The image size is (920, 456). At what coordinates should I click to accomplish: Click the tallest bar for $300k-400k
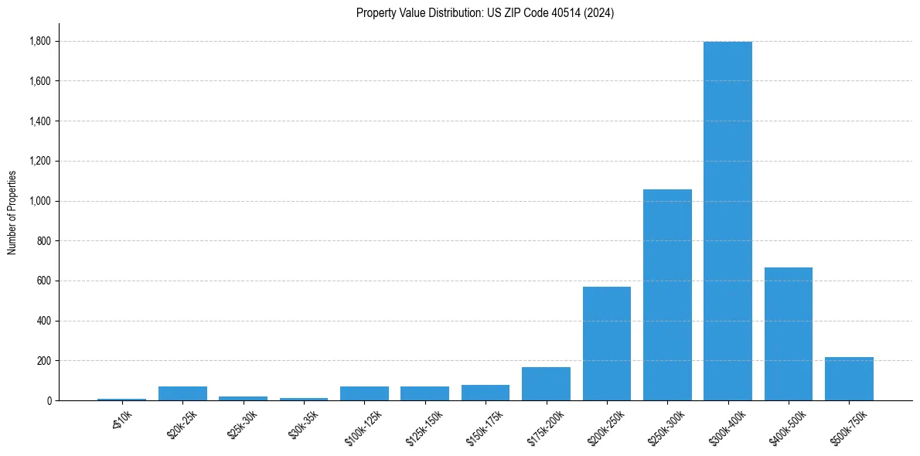click(727, 221)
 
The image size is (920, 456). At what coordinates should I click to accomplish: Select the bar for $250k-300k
click(667, 294)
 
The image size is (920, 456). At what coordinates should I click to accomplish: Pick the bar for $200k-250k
click(607, 343)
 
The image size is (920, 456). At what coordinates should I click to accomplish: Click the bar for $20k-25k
click(182, 393)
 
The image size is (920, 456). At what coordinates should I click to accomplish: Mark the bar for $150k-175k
click(486, 393)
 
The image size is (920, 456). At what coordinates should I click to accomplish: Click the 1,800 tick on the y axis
click(40, 41)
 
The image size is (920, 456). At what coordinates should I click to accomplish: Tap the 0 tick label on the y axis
click(49, 400)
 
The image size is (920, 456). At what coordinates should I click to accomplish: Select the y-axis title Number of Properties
click(12, 213)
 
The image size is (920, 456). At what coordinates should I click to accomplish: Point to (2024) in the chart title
click(600, 13)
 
